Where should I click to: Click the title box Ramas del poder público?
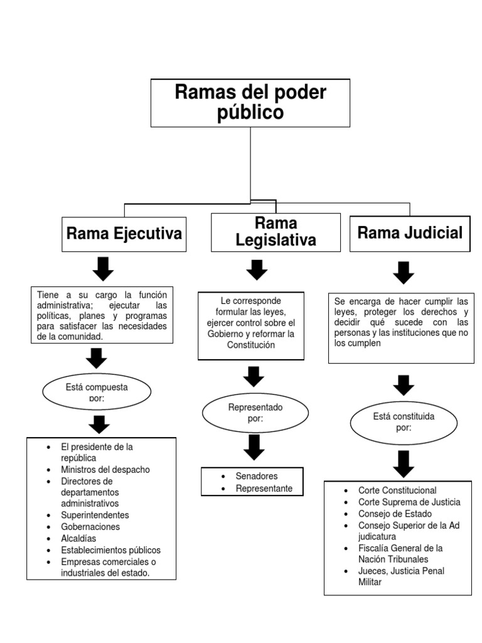click(250, 102)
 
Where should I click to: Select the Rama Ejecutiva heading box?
click(124, 234)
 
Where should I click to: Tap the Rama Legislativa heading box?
click(276, 232)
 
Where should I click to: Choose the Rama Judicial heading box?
click(409, 233)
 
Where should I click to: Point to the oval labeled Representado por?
click(255, 413)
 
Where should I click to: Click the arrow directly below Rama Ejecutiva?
click(103, 268)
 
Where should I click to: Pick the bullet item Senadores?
click(257, 476)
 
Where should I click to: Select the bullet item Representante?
click(264, 488)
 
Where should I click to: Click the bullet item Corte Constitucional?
click(397, 490)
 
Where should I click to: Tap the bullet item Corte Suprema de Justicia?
click(409, 502)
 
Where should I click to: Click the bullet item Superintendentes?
click(95, 515)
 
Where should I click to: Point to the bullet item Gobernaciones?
click(90, 527)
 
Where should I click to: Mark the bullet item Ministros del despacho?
click(105, 469)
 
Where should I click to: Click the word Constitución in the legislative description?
click(251, 345)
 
